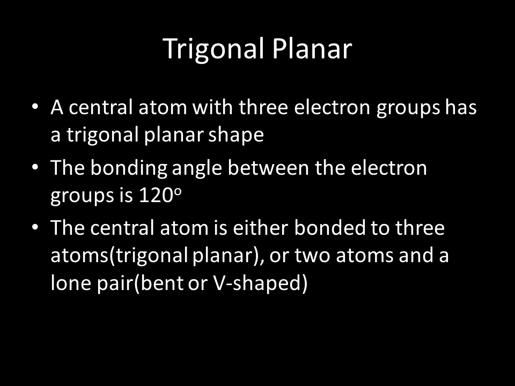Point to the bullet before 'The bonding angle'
35,167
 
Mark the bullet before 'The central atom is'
35,227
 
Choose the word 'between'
268,167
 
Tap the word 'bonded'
330,228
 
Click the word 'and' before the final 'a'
416,255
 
